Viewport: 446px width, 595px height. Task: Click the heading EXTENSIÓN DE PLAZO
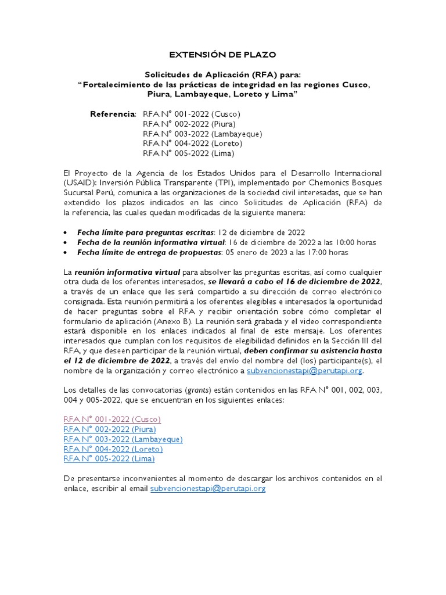223,55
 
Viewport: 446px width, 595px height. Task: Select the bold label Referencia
113,114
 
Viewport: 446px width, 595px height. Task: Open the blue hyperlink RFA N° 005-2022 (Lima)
109,458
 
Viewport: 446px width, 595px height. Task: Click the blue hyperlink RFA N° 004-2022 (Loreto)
113,449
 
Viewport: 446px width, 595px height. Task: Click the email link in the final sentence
207,489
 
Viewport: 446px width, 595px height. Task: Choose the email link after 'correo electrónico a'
305,370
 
